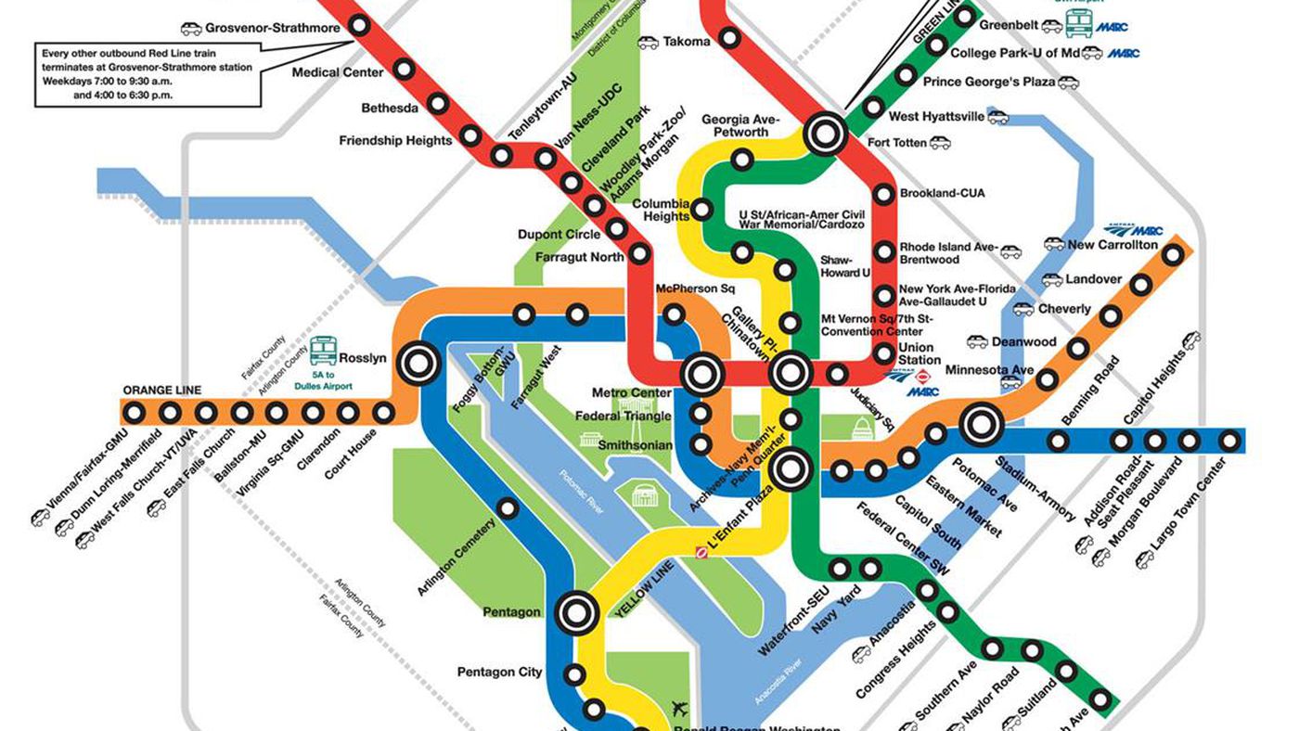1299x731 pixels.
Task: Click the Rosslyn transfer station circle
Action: (418, 363)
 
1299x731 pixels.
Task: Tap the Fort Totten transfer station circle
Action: (824, 134)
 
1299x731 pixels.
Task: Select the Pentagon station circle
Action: (576, 611)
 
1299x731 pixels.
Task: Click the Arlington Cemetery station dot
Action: (507, 507)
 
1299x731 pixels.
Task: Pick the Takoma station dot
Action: (730, 39)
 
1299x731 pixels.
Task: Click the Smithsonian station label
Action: (635, 445)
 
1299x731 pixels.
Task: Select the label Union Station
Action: (920, 354)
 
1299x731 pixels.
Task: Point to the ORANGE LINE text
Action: (162, 391)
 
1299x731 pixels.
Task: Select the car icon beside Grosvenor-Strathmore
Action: (190, 29)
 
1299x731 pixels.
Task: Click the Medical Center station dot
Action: (404, 68)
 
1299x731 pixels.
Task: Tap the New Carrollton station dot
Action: (1174, 253)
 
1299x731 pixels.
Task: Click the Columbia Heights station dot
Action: (702, 209)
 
